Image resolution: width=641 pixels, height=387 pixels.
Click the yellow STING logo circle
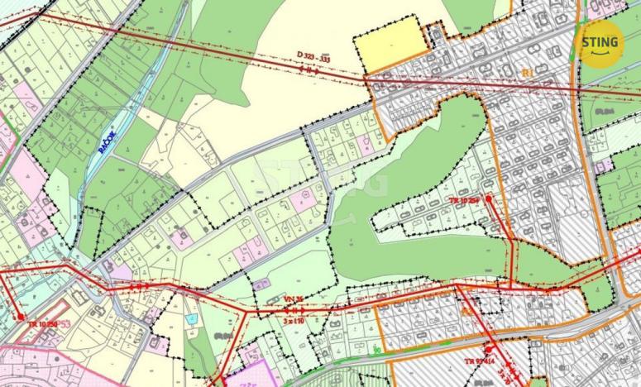click(600, 43)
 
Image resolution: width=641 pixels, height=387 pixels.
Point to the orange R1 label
click(526, 74)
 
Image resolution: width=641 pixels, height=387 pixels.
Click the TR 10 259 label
click(464, 201)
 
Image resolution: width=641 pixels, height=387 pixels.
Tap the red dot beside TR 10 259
click(490, 198)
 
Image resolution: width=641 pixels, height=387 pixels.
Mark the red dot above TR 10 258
click(20, 315)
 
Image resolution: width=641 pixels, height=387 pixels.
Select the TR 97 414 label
click(481, 362)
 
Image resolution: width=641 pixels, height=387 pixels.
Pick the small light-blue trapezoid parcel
click(192, 318)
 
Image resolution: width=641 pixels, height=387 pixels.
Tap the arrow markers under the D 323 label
click(310, 70)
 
